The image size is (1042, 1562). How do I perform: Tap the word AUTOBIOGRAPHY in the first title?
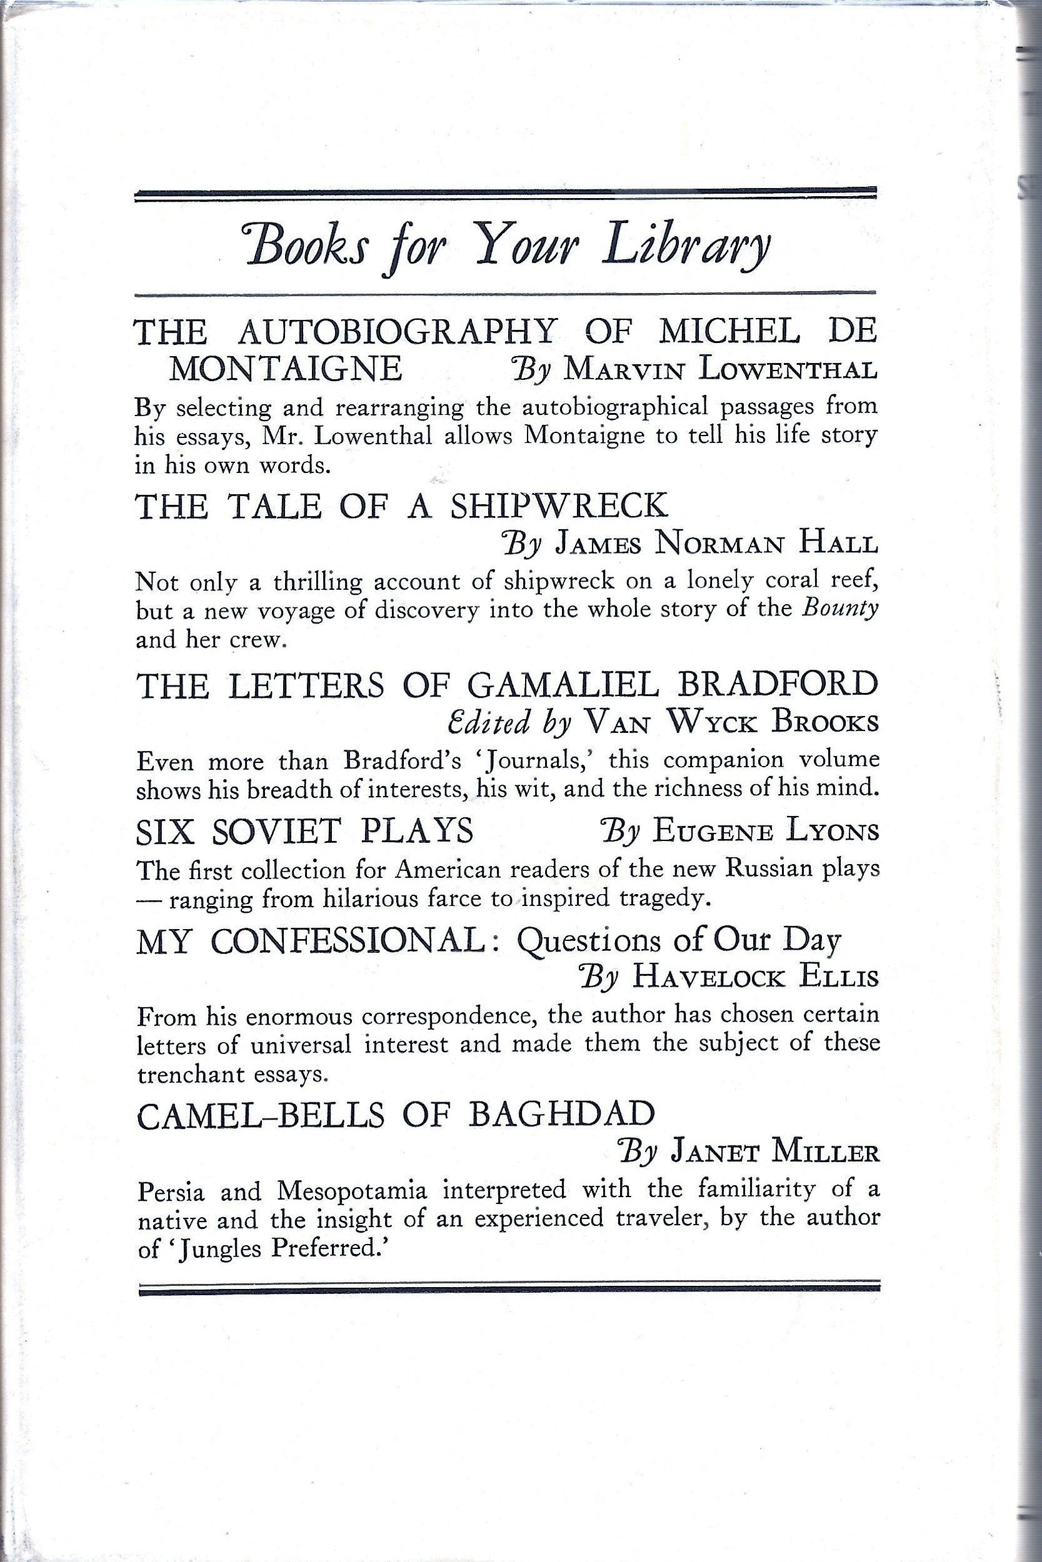(397, 331)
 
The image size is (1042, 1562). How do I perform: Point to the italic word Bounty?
(840, 609)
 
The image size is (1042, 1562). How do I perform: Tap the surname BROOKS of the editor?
(824, 722)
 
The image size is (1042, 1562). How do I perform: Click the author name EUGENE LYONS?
(766, 832)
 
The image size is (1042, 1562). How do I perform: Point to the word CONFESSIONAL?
(348, 942)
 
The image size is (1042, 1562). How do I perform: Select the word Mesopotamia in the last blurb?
(351, 1190)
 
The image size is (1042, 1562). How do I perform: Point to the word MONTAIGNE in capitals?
(286, 369)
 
